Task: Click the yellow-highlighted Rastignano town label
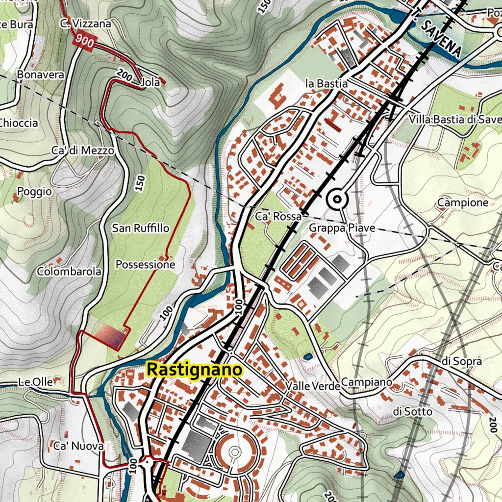coord(195,370)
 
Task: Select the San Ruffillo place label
coord(141,228)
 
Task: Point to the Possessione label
coord(145,265)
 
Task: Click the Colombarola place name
coord(69,272)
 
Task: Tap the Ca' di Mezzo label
coord(82,151)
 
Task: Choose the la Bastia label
coord(326,84)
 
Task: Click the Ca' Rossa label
coord(278,216)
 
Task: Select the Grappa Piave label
coord(342,228)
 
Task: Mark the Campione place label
coord(463,202)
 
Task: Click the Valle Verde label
coord(312,386)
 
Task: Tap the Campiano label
coord(367,382)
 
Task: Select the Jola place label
coord(150,82)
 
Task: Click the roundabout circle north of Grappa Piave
coord(337,199)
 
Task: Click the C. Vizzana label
coord(86,23)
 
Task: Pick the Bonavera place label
coord(40,75)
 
